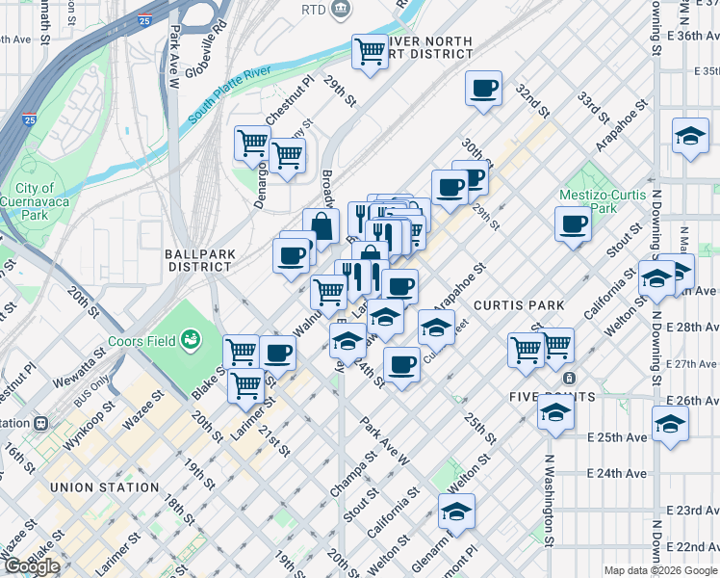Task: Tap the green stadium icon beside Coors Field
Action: (x=193, y=339)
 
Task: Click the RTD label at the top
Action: (x=313, y=10)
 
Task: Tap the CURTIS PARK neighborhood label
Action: (x=519, y=305)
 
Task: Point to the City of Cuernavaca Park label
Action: (x=34, y=201)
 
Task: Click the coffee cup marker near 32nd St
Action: (x=483, y=89)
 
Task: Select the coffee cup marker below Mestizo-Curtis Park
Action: (x=574, y=224)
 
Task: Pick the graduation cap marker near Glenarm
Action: (x=456, y=510)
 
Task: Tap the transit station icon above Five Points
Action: (x=570, y=379)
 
